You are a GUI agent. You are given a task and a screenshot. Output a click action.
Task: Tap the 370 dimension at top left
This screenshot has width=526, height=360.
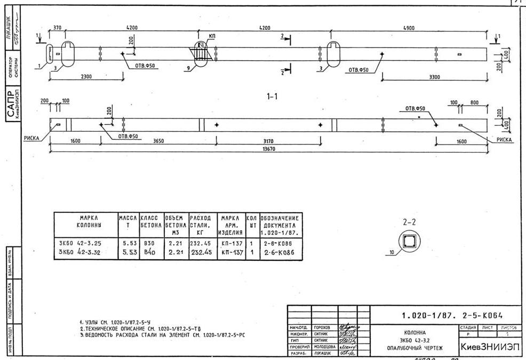click(58, 28)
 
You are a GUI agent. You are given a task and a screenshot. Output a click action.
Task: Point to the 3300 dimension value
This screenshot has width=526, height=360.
click(437, 77)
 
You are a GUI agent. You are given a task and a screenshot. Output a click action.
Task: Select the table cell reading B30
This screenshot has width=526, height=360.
click(149, 243)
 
